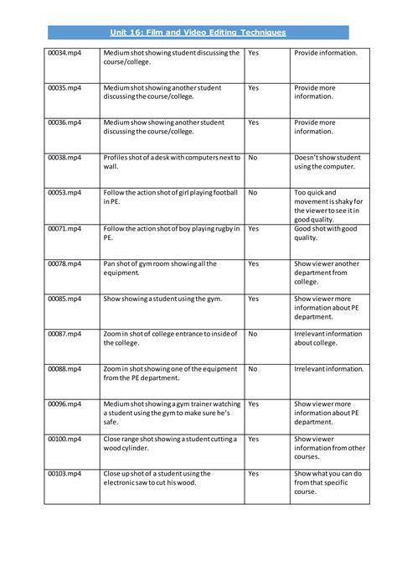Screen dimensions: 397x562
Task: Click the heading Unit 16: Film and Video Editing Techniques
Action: point(198,32)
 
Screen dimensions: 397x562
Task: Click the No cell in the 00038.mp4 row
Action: point(253,157)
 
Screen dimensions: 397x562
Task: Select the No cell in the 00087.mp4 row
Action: point(253,333)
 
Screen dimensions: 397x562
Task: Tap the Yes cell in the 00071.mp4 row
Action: point(254,228)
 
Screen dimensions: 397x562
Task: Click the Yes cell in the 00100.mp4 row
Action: point(254,438)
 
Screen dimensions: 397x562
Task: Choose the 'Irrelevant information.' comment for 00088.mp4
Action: point(327,368)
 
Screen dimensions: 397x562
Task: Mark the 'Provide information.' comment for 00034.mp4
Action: point(326,52)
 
